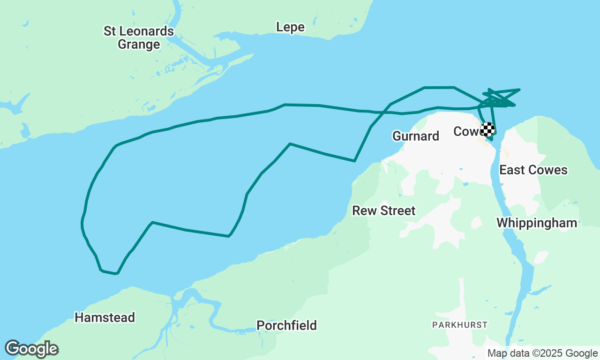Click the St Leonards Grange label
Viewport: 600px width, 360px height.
click(x=139, y=38)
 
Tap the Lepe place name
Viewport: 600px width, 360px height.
click(x=290, y=27)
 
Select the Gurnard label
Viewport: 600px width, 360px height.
click(x=416, y=136)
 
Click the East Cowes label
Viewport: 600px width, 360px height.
click(x=533, y=170)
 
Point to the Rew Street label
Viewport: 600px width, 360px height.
click(x=384, y=210)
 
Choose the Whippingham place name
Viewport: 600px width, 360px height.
click(x=537, y=223)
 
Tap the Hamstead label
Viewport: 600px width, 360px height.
click(x=105, y=317)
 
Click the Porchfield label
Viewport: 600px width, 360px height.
click(x=286, y=325)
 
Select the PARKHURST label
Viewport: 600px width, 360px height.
click(x=460, y=324)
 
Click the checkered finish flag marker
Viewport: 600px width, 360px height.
click(x=488, y=129)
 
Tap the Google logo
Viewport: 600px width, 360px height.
click(x=31, y=349)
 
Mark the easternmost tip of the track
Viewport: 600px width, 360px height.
click(x=519, y=89)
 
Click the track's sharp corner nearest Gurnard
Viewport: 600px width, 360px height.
click(x=354, y=161)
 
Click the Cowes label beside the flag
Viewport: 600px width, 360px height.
click(x=466, y=131)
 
